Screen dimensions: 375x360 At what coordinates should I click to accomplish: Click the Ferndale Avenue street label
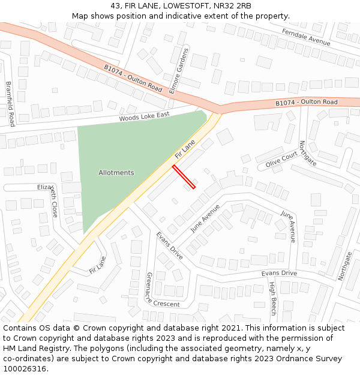tap(306, 38)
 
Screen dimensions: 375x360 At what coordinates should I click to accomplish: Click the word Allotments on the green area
tap(116, 173)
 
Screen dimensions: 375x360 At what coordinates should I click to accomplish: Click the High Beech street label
tap(272, 298)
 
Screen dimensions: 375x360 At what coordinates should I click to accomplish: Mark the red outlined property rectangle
tap(184, 176)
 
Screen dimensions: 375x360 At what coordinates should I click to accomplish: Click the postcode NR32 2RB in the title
tap(231, 6)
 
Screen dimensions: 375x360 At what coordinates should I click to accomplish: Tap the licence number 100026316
tap(26, 369)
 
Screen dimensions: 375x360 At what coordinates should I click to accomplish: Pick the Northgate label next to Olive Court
tap(308, 154)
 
